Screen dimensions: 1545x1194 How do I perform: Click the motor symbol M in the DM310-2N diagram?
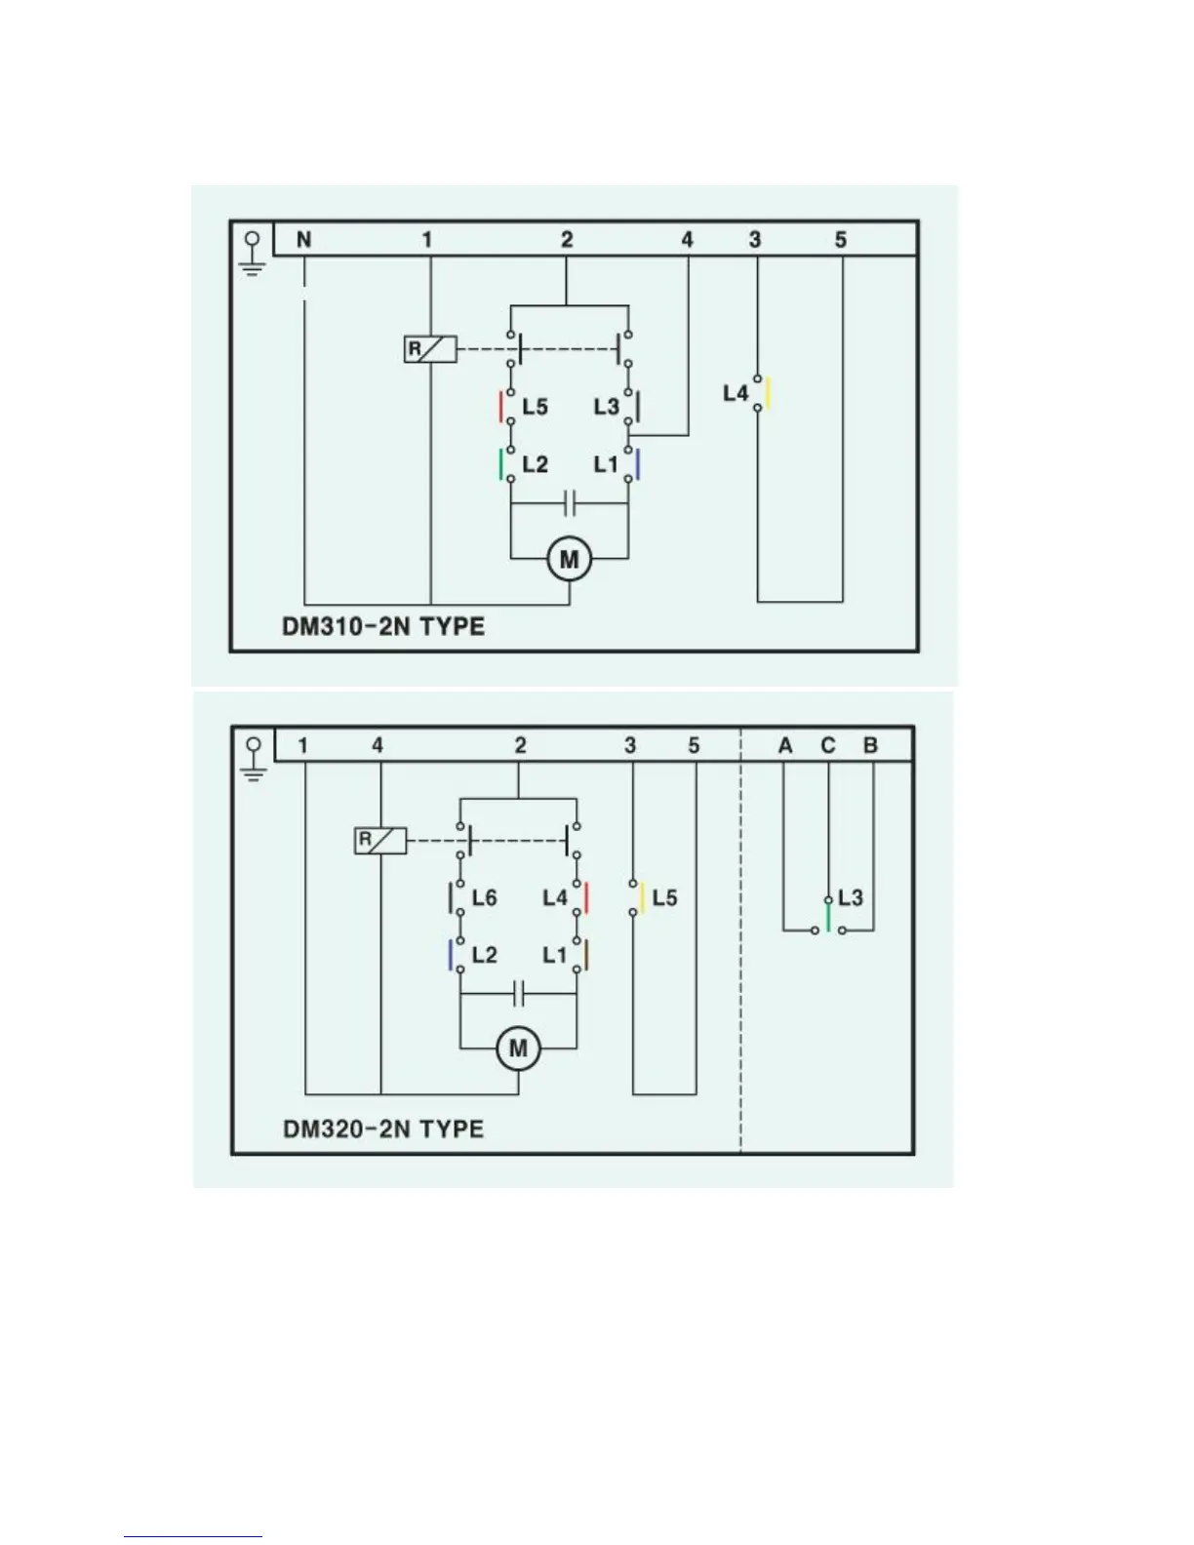pyautogui.click(x=569, y=560)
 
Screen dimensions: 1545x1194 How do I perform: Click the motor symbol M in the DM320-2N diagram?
pyautogui.click(x=518, y=1049)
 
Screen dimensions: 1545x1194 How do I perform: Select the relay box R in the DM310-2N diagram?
pyautogui.click(x=430, y=349)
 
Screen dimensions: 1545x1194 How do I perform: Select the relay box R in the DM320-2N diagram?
pyautogui.click(x=379, y=840)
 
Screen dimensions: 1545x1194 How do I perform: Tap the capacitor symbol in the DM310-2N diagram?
pyautogui.click(x=571, y=504)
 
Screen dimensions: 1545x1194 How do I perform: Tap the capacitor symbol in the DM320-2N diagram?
pyautogui.click(x=519, y=994)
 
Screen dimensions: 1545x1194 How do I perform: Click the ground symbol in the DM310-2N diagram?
pyautogui.click(x=253, y=253)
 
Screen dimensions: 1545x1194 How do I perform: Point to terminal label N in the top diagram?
pyautogui.click(x=303, y=240)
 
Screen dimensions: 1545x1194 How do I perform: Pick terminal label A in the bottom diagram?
pyautogui.click(x=785, y=746)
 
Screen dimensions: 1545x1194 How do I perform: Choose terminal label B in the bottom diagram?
pyautogui.click(x=870, y=746)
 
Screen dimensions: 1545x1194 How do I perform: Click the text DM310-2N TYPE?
pyautogui.click(x=383, y=625)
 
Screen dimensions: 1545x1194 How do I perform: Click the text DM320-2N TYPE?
pyautogui.click(x=383, y=1129)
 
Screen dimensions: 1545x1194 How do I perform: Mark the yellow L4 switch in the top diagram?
pyautogui.click(x=768, y=393)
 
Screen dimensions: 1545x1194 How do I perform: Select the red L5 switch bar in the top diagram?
pyautogui.click(x=502, y=406)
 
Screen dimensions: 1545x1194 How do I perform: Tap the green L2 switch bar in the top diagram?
pyautogui.click(x=502, y=463)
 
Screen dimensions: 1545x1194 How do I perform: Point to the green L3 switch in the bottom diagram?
pyautogui.click(x=828, y=916)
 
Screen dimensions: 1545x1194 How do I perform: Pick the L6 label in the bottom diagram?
pyautogui.click(x=484, y=897)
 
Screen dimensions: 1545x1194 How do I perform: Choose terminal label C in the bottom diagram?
pyautogui.click(x=828, y=746)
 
